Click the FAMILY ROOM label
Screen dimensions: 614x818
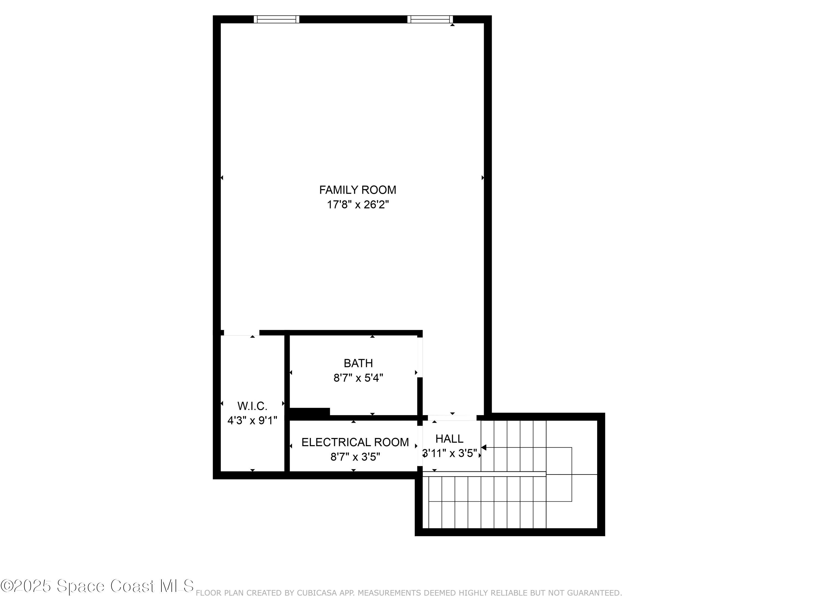pyautogui.click(x=357, y=190)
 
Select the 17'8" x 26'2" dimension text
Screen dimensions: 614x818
pyautogui.click(x=357, y=205)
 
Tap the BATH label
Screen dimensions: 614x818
pyautogui.click(x=358, y=363)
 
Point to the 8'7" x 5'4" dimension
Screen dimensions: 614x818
pyautogui.click(x=358, y=378)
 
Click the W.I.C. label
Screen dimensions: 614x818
pyautogui.click(x=252, y=406)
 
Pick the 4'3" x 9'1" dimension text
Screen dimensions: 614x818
pyautogui.click(x=252, y=421)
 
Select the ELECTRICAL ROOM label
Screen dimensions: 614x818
pyautogui.click(x=355, y=442)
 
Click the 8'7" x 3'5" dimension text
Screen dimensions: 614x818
pyautogui.click(x=355, y=457)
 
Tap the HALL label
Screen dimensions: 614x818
pyautogui.click(x=449, y=439)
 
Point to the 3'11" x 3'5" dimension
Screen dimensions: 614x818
pyautogui.click(x=449, y=453)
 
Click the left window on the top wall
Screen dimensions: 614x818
pyautogui.click(x=276, y=19)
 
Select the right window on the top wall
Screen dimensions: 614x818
pyautogui.click(x=430, y=19)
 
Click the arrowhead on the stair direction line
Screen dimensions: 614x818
pyautogui.click(x=484, y=448)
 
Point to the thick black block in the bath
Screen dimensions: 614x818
pyautogui.click(x=309, y=412)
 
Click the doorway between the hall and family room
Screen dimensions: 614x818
pyautogui.click(x=452, y=418)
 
